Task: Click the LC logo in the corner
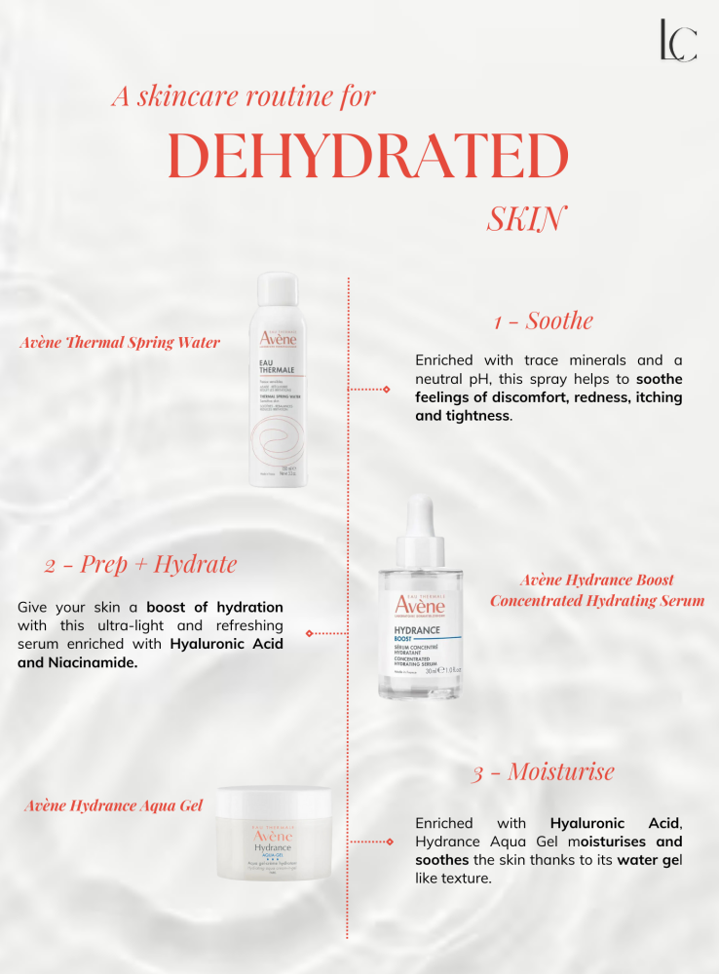(x=677, y=40)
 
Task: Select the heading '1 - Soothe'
(x=543, y=320)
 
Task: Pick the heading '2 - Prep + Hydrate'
(x=140, y=564)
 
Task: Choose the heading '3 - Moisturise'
(x=543, y=772)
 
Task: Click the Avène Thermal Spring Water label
(x=120, y=342)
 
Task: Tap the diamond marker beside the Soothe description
(x=387, y=389)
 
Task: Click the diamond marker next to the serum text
(x=309, y=633)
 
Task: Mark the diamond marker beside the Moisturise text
(x=389, y=841)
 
